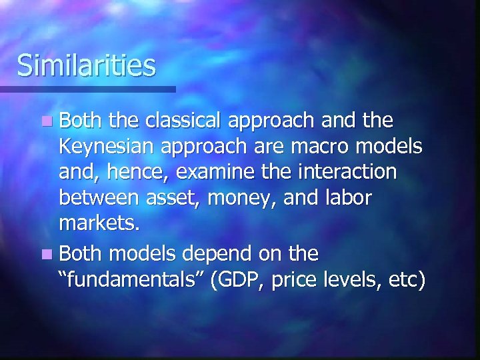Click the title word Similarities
[x=87, y=65]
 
